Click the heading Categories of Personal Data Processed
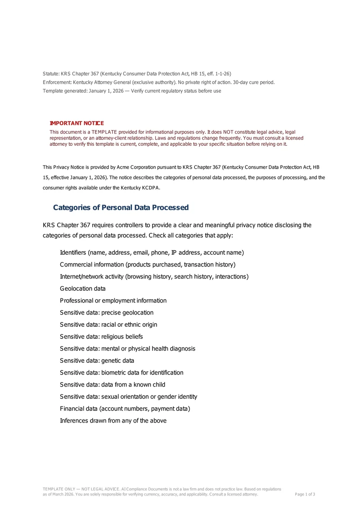121,207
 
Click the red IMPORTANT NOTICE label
76,123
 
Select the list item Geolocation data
82,288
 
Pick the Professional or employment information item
113,301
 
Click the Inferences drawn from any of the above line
113,421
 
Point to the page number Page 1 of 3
305,494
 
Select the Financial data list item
125,409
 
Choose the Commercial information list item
148,265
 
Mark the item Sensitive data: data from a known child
112,385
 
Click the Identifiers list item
152,252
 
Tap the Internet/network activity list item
154,276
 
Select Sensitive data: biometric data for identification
121,373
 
